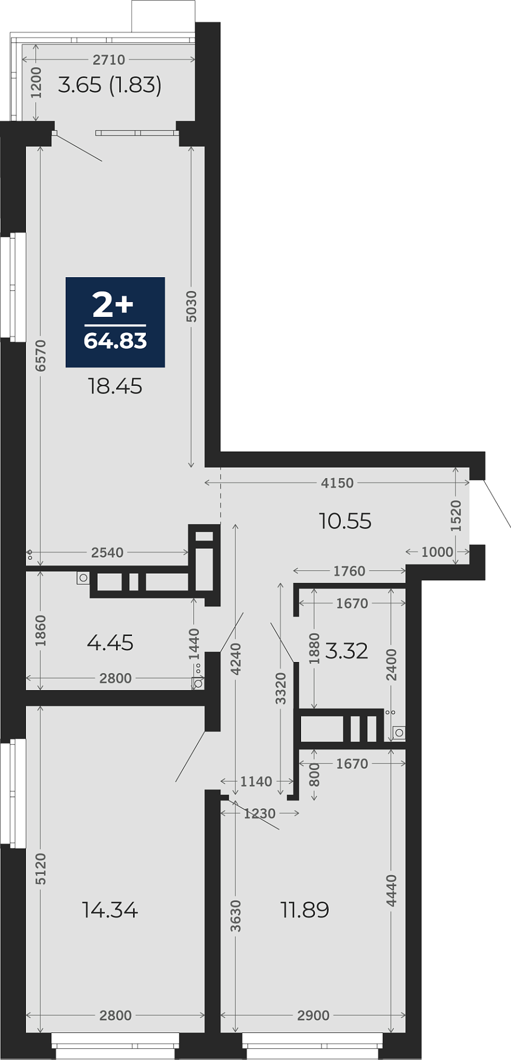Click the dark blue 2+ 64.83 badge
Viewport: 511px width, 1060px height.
pos(115,322)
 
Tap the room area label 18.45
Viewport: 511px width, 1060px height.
pos(115,386)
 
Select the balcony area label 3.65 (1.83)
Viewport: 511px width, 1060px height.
pos(110,85)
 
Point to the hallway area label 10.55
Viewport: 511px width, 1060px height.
pos(345,521)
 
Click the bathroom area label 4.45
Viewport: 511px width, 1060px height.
pos(110,643)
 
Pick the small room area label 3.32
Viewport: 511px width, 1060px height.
pos(346,651)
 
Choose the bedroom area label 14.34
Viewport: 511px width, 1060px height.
pos(110,910)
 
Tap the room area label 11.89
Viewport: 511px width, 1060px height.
pos(305,910)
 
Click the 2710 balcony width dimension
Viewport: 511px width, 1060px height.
pos(109,60)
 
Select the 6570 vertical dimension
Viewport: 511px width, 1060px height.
pos(40,356)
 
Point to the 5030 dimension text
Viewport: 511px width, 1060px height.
pos(191,306)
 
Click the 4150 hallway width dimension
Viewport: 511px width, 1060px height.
pos(337,483)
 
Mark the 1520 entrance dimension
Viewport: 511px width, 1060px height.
pos(456,516)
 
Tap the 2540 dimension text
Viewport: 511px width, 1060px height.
pos(107,553)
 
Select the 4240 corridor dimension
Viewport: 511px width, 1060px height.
pos(236,659)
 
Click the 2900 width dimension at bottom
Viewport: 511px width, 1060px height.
pos(313,1015)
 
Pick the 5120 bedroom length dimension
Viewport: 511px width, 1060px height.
pos(40,869)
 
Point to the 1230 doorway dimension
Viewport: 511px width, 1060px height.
pos(259,813)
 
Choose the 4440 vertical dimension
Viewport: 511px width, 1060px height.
pos(391,891)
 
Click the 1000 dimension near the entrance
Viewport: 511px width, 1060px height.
pos(437,552)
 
